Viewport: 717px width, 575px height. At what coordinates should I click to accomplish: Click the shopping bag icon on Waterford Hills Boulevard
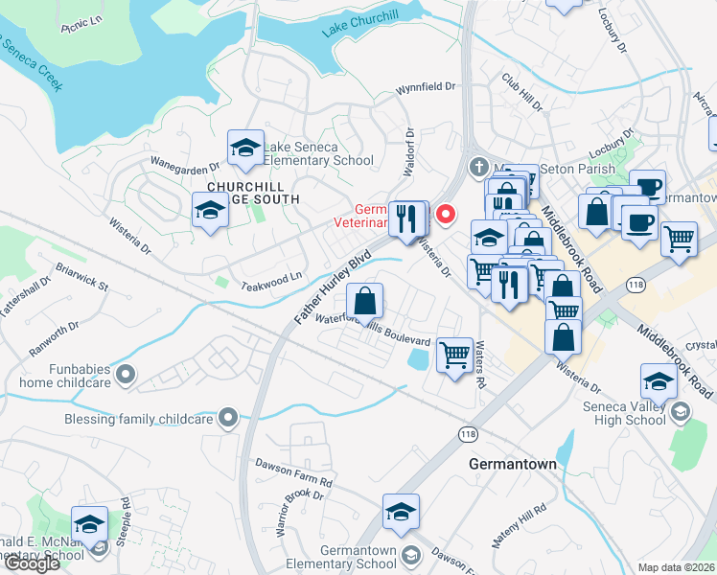[x=364, y=302]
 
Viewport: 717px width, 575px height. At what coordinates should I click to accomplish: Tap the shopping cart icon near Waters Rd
[x=454, y=356]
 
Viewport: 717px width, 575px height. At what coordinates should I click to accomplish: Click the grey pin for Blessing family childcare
[x=227, y=417]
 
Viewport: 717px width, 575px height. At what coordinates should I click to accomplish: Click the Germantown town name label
[x=513, y=464]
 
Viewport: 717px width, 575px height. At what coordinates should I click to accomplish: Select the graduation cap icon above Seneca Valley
[x=659, y=382]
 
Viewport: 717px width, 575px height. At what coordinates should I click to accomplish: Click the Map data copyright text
[x=676, y=567]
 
